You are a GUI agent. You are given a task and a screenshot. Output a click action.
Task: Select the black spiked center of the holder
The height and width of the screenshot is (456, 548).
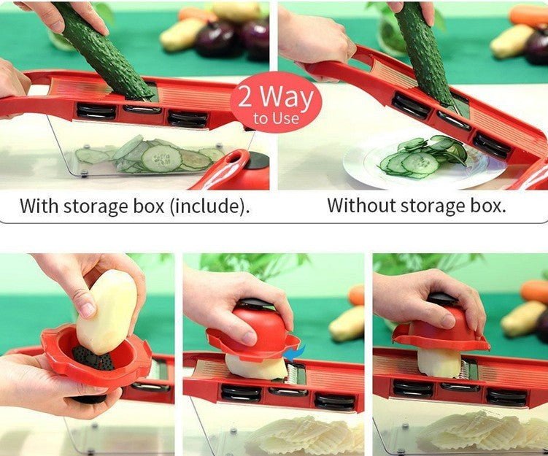[88, 358]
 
